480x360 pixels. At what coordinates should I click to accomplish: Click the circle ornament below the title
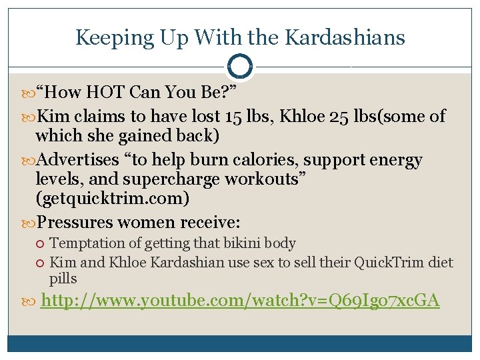click(x=240, y=67)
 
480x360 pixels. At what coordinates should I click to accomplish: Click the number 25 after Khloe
click(x=339, y=116)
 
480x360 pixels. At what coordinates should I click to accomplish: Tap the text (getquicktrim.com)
click(x=113, y=199)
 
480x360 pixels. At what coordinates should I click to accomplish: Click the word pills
click(x=63, y=279)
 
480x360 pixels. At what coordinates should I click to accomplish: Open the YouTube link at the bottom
click(x=240, y=301)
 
